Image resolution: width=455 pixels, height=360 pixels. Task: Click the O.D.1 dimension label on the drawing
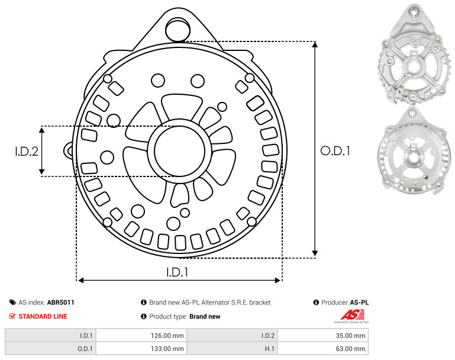click(335, 151)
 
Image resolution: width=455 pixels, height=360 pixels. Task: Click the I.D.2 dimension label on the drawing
click(27, 152)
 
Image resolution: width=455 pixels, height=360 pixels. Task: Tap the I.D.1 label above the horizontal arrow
click(177, 272)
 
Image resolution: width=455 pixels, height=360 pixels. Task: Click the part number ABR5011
click(61, 303)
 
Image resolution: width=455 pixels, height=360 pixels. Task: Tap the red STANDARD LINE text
click(43, 316)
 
